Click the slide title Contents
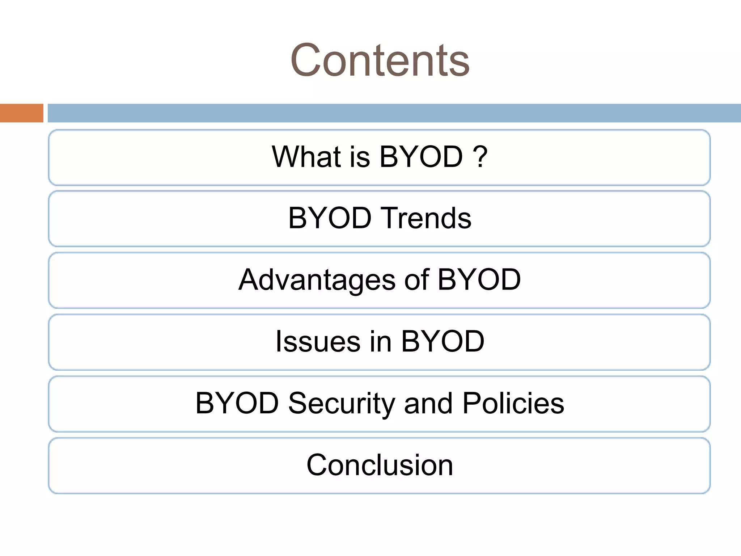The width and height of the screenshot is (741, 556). [380, 60]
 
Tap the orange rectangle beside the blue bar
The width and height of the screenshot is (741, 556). [21, 113]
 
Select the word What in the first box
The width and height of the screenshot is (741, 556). [306, 157]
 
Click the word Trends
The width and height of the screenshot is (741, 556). [427, 218]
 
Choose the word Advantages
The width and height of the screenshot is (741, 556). [317, 280]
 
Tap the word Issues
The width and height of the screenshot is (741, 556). [318, 341]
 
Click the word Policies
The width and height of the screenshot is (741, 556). [513, 403]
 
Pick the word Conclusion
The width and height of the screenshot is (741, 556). [380, 465]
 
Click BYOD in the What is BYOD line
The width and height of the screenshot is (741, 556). [421, 157]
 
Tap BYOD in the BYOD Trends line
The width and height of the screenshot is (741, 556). [330, 218]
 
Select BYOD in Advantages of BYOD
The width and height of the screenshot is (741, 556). [479, 279]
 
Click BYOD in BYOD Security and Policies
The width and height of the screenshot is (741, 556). [237, 403]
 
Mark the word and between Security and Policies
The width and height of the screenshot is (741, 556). [428, 403]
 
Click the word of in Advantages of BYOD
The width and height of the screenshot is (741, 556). [416, 279]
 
